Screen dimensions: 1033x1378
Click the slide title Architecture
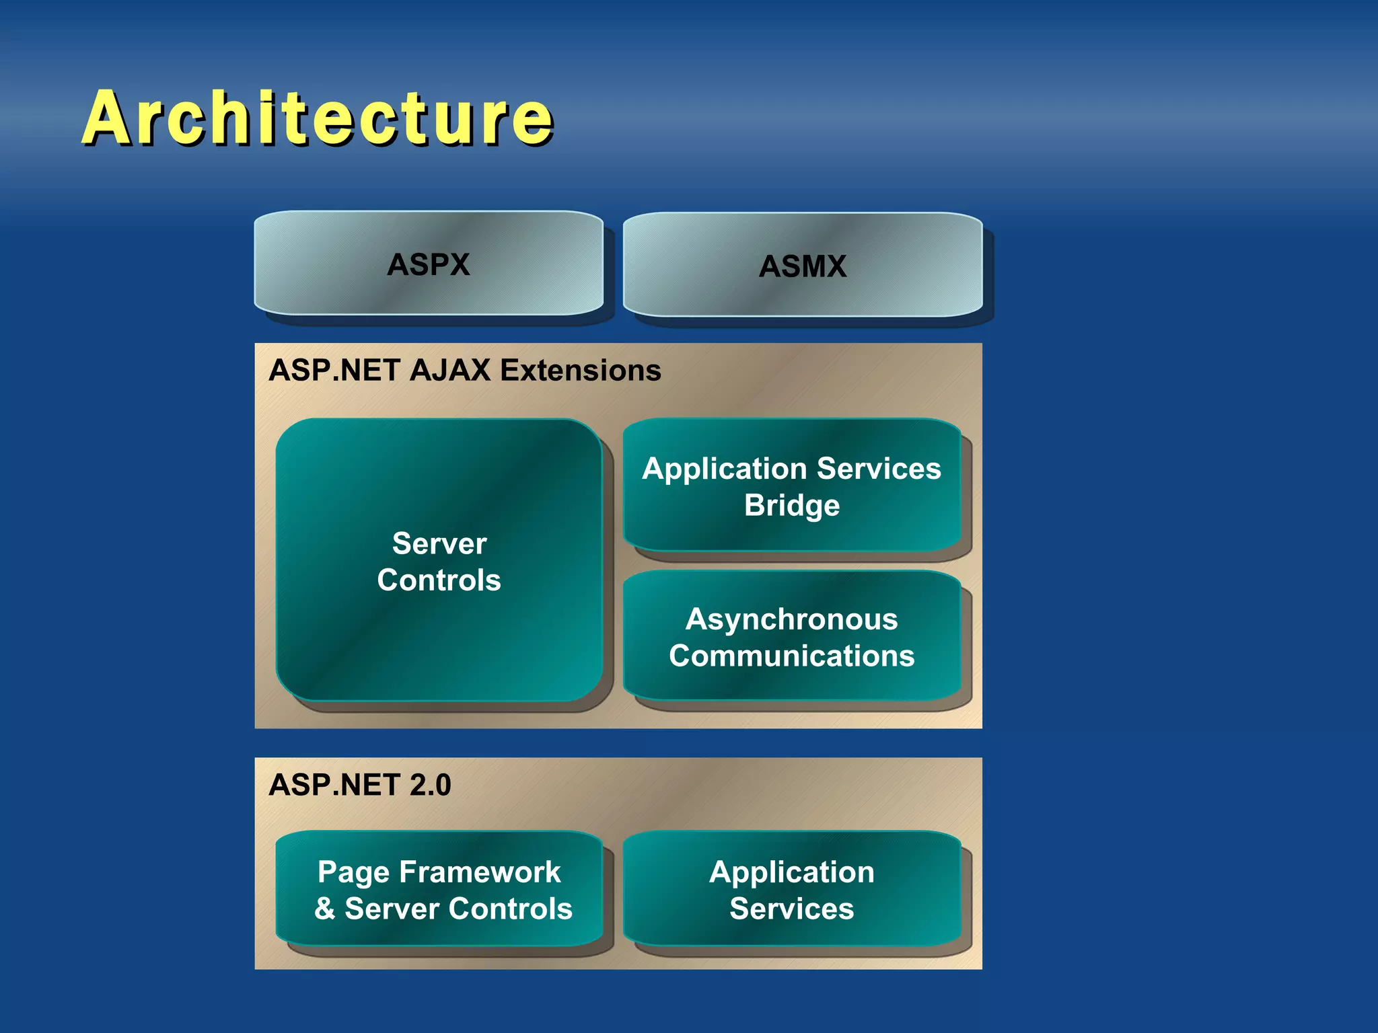coord(317,118)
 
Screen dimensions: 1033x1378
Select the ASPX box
coord(428,264)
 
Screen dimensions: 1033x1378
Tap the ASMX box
coord(802,266)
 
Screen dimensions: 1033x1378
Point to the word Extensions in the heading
coord(581,371)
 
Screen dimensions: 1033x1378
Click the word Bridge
coord(791,505)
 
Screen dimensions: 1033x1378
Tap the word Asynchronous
coord(791,619)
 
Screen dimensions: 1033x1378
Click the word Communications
coord(791,656)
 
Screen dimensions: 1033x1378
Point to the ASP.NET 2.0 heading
coord(359,785)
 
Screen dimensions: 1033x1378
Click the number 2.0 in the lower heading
coord(430,785)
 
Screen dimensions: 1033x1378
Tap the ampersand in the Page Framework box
coord(325,909)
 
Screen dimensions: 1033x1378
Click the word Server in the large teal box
coord(439,543)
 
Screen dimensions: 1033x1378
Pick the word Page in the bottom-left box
coord(353,872)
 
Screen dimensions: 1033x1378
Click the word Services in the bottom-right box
coord(791,909)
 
